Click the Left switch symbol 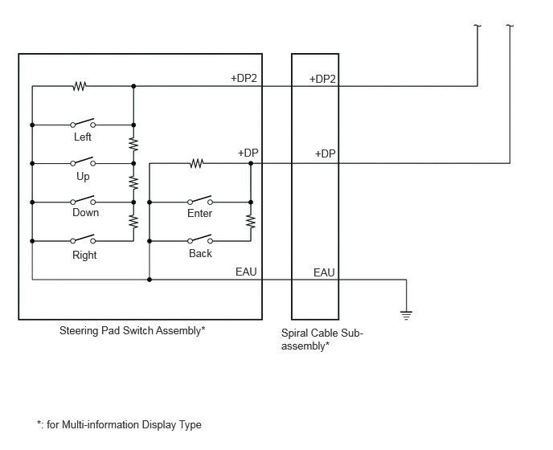[x=83, y=123]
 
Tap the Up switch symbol [x=83, y=162]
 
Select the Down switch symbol [x=83, y=200]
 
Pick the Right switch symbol [x=83, y=239]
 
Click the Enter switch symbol [x=200, y=200]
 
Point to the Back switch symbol [x=200, y=239]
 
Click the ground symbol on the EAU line [x=406, y=315]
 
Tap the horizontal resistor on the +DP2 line [x=80, y=86]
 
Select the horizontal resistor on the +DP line [x=196, y=163]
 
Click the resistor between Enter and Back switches [x=251, y=222]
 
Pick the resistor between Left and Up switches [x=133, y=144]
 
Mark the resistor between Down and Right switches [x=133, y=222]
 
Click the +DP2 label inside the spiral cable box [x=322, y=79]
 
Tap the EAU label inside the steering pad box [x=246, y=272]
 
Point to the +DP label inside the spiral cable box [x=326, y=153]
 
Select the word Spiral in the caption [x=292, y=333]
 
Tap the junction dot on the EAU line [x=150, y=280]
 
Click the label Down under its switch [x=86, y=213]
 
